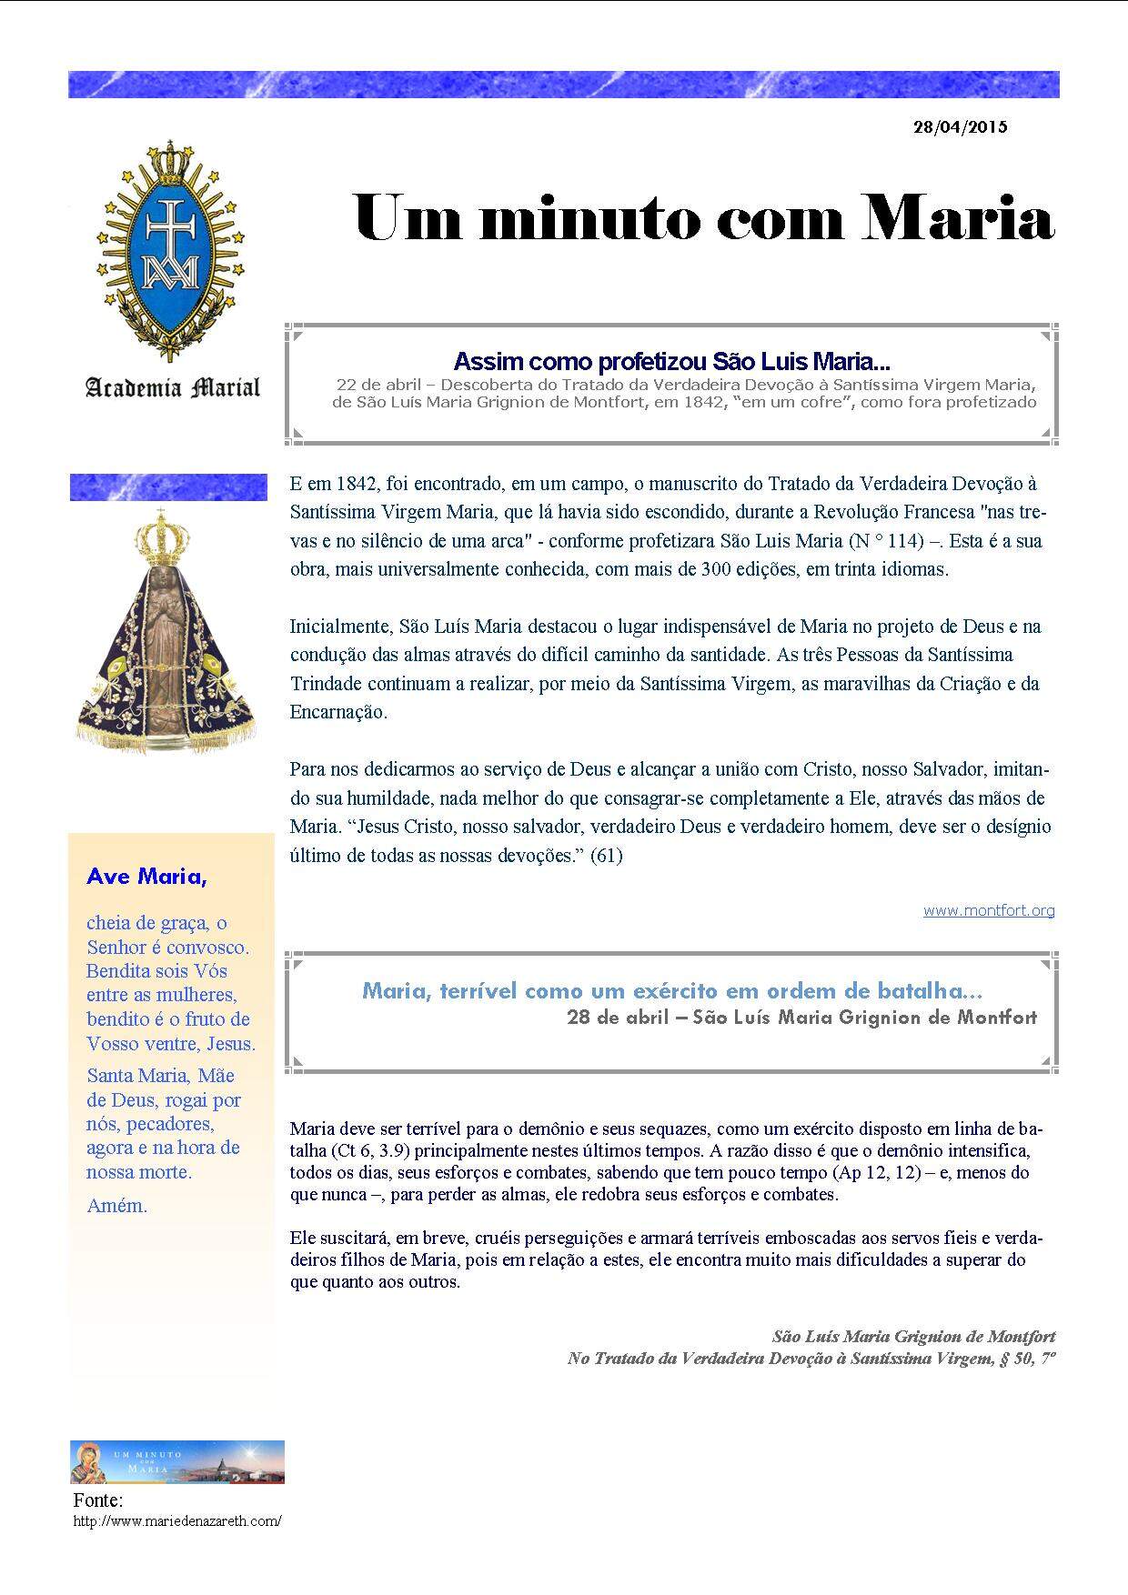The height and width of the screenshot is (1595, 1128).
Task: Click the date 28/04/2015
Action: (x=960, y=127)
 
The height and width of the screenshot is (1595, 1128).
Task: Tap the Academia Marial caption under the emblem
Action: (x=173, y=388)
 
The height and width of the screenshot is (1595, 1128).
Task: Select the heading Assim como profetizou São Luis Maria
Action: (x=671, y=362)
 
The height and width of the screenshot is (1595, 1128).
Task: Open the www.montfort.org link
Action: (x=989, y=909)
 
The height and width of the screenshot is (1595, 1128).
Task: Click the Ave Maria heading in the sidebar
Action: (x=146, y=877)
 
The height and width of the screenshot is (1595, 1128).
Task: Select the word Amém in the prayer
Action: (x=116, y=1206)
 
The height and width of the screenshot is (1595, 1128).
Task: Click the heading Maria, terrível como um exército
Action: (x=672, y=990)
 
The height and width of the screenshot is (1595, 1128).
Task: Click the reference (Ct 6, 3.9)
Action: (x=370, y=1150)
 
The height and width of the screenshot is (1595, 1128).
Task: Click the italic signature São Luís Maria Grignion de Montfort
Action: (x=913, y=1336)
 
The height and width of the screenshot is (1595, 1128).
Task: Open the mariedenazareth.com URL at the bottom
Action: (x=177, y=1521)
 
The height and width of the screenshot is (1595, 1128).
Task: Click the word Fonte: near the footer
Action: (x=97, y=1500)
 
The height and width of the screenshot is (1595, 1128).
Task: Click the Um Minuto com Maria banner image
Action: (x=177, y=1461)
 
